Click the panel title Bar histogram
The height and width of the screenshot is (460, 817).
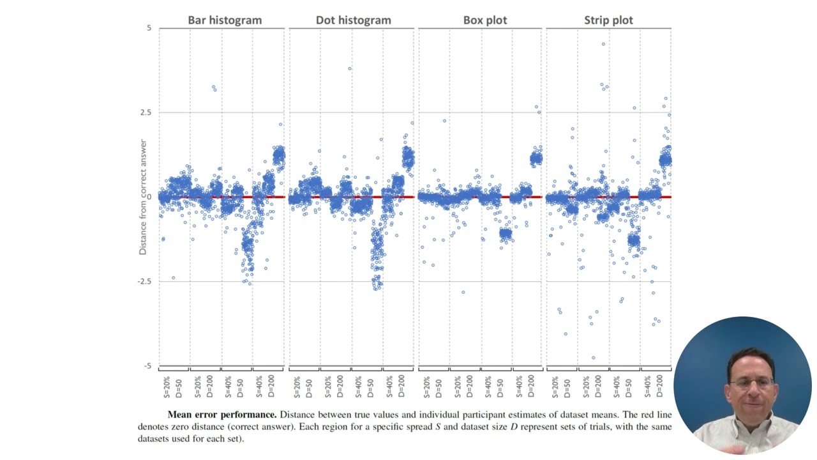[225, 20]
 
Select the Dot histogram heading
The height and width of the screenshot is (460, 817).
[353, 20]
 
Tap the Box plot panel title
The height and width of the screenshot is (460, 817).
[485, 20]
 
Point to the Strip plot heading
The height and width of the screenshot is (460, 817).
[608, 20]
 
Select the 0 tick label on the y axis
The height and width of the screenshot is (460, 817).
[149, 197]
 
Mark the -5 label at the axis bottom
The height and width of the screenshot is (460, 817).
[148, 366]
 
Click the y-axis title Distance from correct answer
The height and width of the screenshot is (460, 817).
[143, 197]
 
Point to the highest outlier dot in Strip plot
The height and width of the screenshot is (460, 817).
[603, 44]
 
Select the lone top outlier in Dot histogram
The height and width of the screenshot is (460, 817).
[350, 68]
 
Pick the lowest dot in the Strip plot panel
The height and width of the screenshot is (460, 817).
[593, 358]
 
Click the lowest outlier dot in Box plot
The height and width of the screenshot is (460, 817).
[463, 292]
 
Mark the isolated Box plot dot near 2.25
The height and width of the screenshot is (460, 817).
[444, 121]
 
